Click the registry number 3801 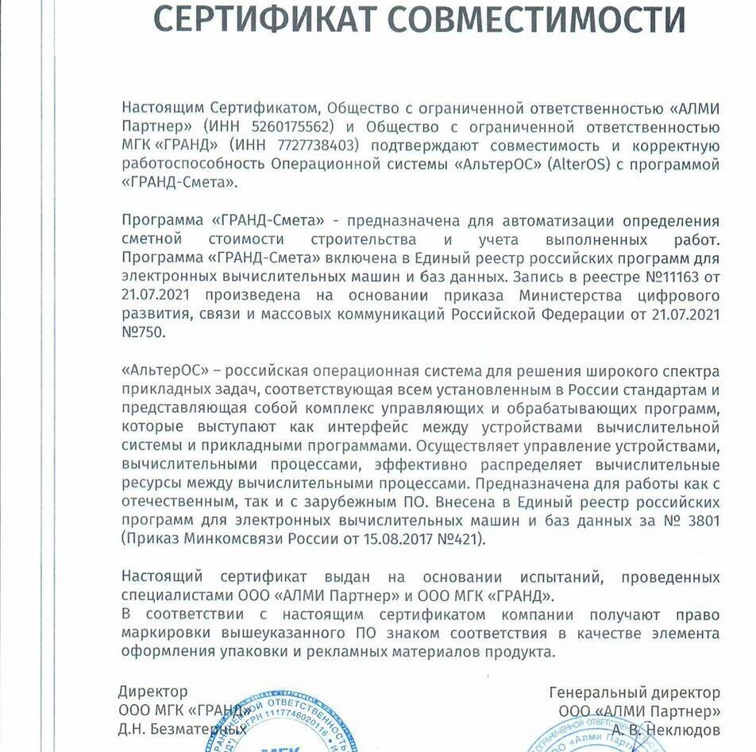700,521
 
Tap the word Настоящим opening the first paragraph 164,107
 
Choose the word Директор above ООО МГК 152,692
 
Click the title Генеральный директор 634,692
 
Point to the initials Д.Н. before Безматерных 133,729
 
